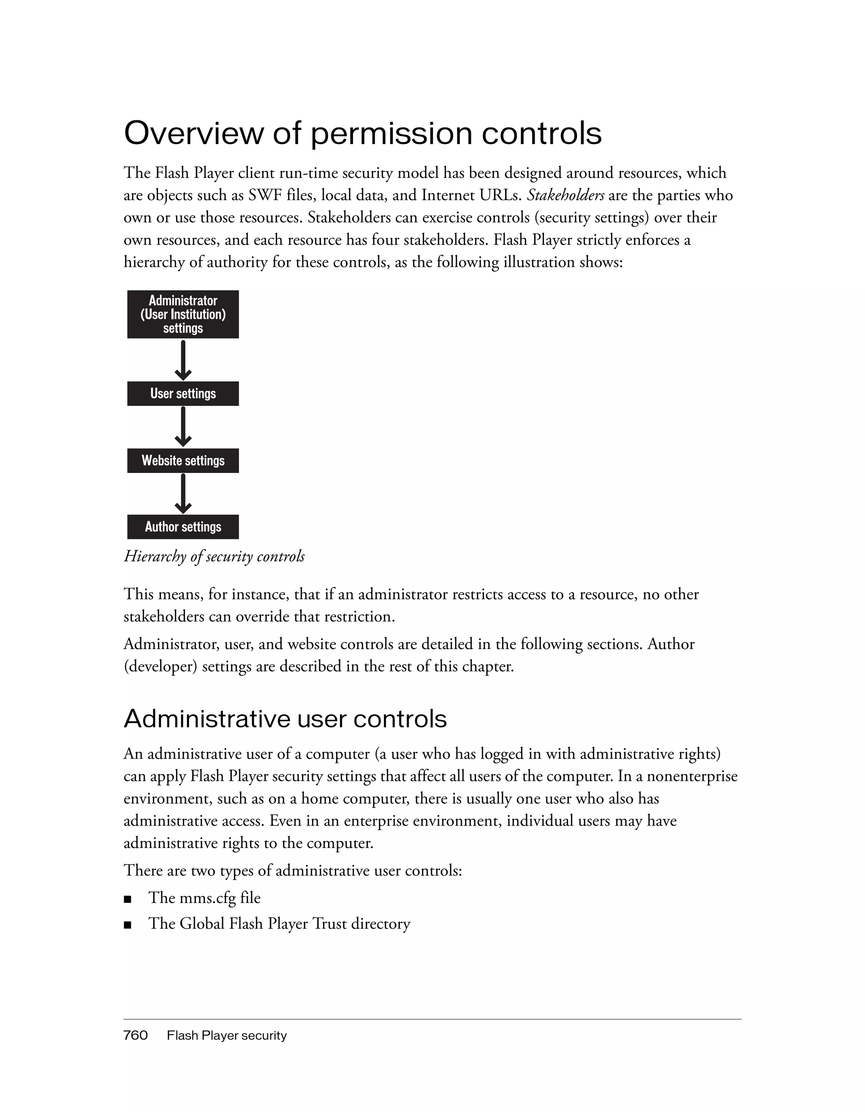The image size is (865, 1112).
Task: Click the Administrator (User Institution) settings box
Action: pyautogui.click(x=183, y=314)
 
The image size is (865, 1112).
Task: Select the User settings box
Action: pyautogui.click(x=183, y=394)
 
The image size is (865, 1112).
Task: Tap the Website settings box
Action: pyautogui.click(x=183, y=460)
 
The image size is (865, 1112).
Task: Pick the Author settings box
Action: pyautogui.click(x=183, y=527)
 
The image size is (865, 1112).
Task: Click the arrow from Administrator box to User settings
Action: pyautogui.click(x=183, y=360)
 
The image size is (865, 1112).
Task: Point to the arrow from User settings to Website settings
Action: pyautogui.click(x=183, y=427)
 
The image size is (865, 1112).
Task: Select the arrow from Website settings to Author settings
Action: pyautogui.click(x=183, y=493)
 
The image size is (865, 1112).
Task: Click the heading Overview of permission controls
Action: pyautogui.click(x=362, y=133)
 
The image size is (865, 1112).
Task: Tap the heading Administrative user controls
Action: pyautogui.click(x=285, y=719)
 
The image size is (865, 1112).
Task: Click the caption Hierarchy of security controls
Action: pyautogui.click(x=214, y=556)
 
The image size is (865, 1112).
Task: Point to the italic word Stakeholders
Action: pyautogui.click(x=565, y=196)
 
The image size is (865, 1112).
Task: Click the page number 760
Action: pyautogui.click(x=136, y=1035)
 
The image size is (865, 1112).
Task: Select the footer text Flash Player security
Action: pyautogui.click(x=226, y=1036)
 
